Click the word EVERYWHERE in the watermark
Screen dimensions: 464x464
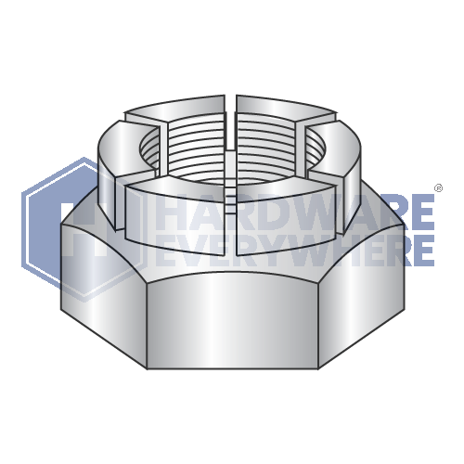(295, 249)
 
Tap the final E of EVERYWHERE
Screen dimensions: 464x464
(423, 249)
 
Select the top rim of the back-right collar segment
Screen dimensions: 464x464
(288, 110)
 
